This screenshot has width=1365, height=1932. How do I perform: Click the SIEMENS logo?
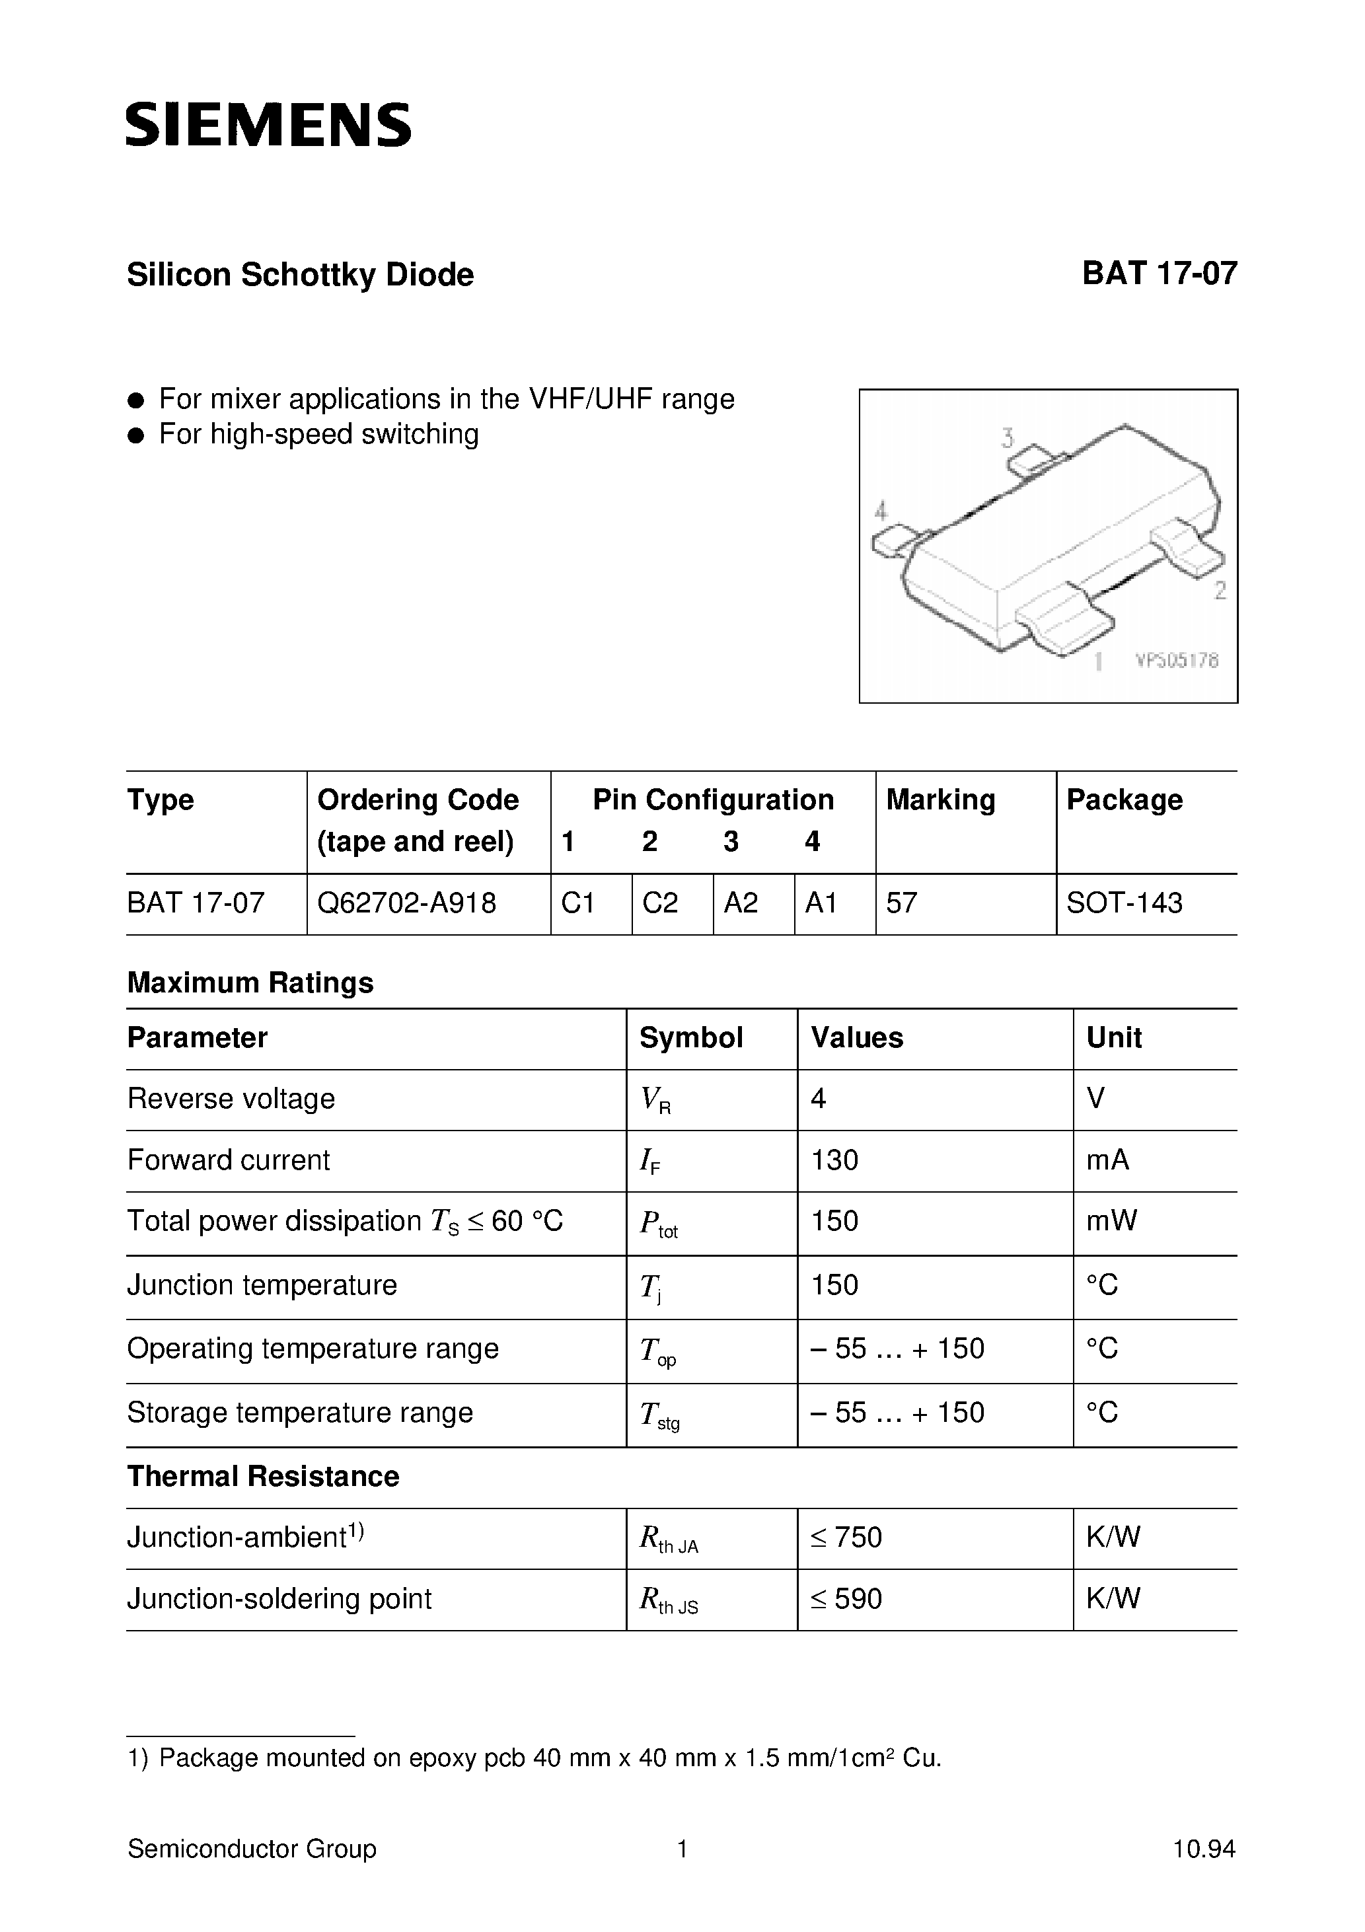[268, 126]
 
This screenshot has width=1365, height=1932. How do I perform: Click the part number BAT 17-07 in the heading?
[1159, 274]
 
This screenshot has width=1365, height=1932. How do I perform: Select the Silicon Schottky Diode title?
[301, 275]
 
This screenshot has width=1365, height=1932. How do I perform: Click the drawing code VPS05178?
[1177, 661]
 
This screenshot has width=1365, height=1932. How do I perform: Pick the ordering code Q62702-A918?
[406, 903]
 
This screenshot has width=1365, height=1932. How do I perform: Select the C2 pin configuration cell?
[660, 903]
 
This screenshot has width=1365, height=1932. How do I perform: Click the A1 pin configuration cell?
[821, 903]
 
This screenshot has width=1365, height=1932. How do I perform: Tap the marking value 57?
[901, 903]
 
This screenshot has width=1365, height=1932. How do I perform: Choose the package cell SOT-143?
[1125, 903]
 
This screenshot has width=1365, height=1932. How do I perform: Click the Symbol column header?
[691, 1037]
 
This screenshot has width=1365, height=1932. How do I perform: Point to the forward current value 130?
[835, 1160]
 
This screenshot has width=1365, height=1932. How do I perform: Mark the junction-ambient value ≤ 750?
[846, 1538]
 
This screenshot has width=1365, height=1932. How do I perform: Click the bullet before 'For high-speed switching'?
[136, 435]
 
